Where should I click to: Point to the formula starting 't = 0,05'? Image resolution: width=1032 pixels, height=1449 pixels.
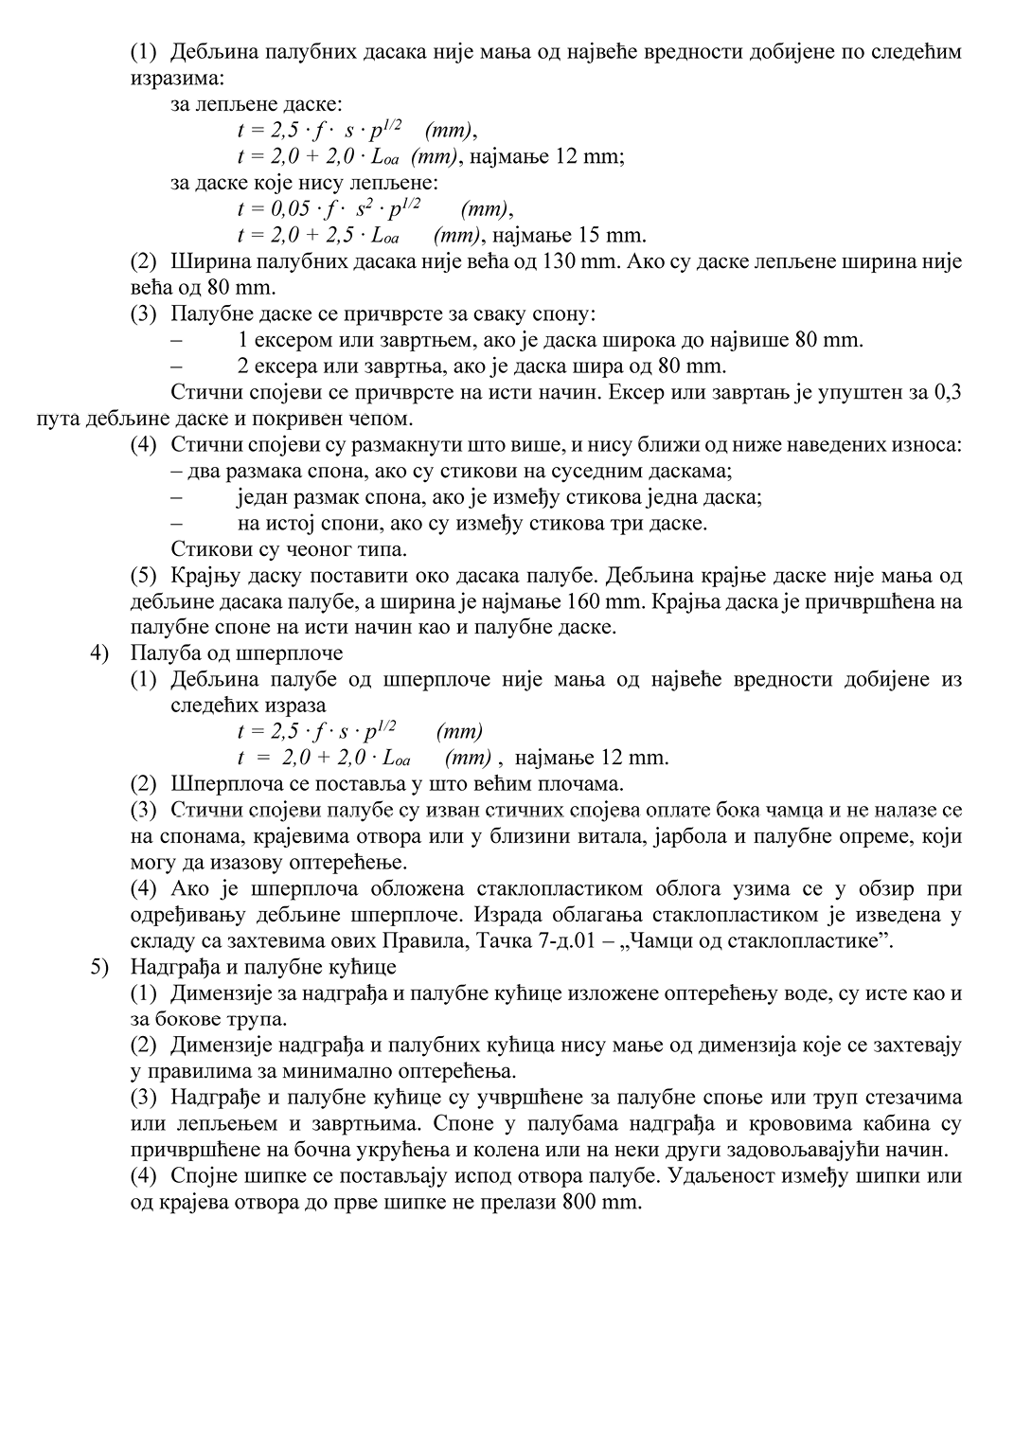pyautogui.click(x=329, y=208)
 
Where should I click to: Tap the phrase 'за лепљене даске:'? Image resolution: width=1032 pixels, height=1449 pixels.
pyautogui.click(x=257, y=104)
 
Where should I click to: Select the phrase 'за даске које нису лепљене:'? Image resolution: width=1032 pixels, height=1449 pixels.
pyautogui.click(x=304, y=183)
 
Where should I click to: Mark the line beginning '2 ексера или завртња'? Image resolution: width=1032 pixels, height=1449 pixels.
pyautogui.click(x=482, y=366)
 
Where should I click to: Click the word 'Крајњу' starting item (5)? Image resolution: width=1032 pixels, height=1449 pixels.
pyautogui.click(x=203, y=575)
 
